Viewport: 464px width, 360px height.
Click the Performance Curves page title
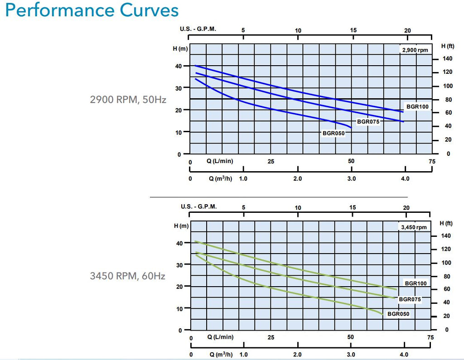click(92, 10)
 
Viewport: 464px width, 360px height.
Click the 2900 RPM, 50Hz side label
click(128, 100)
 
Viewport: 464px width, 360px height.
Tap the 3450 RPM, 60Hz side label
click(127, 276)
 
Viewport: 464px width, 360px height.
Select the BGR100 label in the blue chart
click(417, 106)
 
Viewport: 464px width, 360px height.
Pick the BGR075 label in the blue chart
click(368, 121)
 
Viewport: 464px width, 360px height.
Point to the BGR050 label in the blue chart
click(333, 134)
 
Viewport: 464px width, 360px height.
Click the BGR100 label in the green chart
click(416, 283)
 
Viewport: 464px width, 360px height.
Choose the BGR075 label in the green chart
click(410, 299)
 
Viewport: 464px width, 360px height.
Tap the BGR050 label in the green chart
click(398, 314)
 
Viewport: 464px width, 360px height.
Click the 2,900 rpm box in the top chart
click(415, 50)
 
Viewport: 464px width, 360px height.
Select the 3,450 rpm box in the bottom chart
click(414, 227)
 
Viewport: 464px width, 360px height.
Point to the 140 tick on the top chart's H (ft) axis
click(447, 58)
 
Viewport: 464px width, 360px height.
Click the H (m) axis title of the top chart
click(180, 48)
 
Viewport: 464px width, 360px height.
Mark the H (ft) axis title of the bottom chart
click(446, 223)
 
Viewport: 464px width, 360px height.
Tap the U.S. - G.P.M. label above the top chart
click(198, 29)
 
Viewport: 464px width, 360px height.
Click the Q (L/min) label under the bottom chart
click(220, 337)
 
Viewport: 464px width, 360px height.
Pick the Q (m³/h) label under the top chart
click(221, 179)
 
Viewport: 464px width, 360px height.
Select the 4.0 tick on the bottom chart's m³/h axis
click(404, 355)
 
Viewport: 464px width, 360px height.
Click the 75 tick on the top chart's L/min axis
click(432, 162)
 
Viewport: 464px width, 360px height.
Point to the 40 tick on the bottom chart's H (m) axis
click(179, 244)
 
